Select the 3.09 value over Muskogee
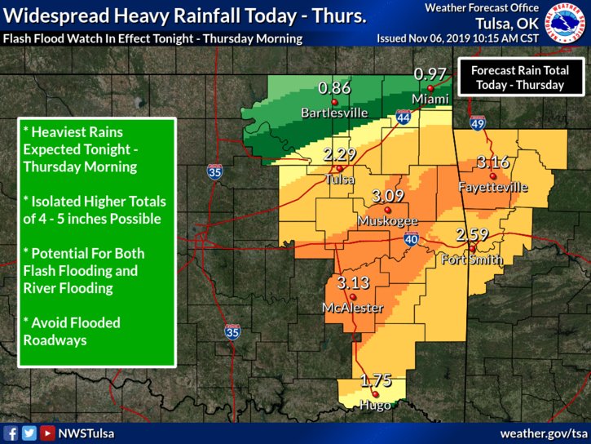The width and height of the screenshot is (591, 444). click(387, 197)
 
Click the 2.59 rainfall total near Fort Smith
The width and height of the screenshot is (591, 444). click(472, 235)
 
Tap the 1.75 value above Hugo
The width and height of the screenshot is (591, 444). click(376, 380)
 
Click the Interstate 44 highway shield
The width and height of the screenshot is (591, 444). click(404, 118)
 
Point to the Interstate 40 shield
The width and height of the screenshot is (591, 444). click(410, 239)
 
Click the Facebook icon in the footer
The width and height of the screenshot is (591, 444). click(11, 433)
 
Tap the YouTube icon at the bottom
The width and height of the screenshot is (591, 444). click(47, 433)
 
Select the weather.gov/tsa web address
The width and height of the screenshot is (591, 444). click(543, 433)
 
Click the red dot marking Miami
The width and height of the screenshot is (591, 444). click(430, 87)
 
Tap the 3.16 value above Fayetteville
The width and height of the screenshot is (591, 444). click(493, 162)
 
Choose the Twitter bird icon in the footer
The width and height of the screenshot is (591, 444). click(29, 433)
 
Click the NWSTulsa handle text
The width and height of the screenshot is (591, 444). click(87, 433)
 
